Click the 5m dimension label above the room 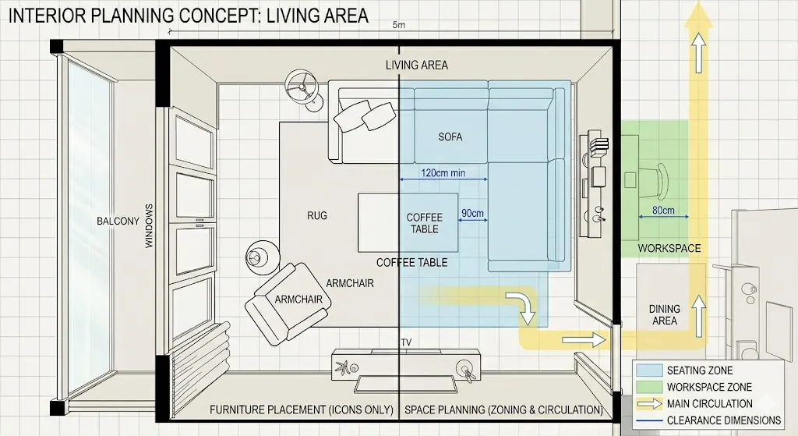[x=400, y=26]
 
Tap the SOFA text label [x=450, y=137]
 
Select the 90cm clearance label [x=471, y=213]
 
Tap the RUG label [x=316, y=216]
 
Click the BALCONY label [x=118, y=221]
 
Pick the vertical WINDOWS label [x=150, y=226]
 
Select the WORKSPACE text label [x=669, y=249]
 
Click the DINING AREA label [x=664, y=315]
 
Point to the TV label [x=405, y=343]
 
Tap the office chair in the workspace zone [x=655, y=179]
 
